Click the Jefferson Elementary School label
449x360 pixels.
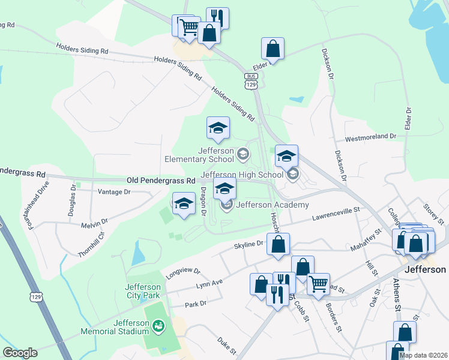click(x=199, y=155)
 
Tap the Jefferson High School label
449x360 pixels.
click(x=242, y=175)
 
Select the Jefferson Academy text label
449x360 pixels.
click(x=273, y=205)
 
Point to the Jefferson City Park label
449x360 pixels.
click(x=143, y=291)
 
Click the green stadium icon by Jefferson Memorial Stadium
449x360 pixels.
click(x=158, y=326)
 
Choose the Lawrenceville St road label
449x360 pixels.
click(x=334, y=214)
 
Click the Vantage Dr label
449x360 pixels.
click(x=114, y=192)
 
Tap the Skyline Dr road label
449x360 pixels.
click(x=249, y=245)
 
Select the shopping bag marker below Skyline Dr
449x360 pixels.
click(x=278, y=245)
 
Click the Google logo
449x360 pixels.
click(x=20, y=353)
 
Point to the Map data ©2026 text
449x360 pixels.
click(x=423, y=355)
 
